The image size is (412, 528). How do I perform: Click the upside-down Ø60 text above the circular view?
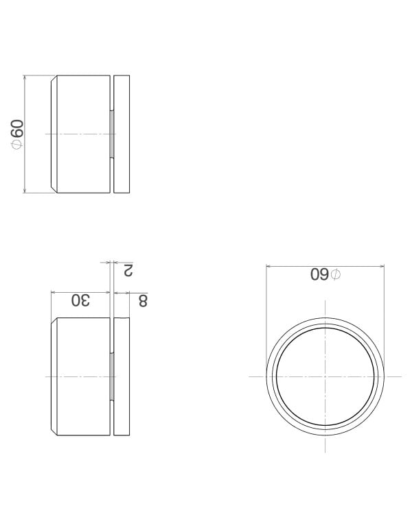coord(324,275)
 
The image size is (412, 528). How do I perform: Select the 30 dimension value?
coord(81,300)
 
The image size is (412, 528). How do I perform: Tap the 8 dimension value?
coord(142,300)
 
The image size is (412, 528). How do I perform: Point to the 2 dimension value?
coord(128,269)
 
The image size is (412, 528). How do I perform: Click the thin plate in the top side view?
coord(122,134)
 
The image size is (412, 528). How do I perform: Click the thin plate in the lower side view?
coord(122,376)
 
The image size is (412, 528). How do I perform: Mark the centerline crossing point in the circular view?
coord(325,376)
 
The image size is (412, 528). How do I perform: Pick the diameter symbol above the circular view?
coord(335,275)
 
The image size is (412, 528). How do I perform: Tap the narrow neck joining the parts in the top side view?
coord(111,134)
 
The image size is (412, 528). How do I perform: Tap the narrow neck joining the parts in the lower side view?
coord(111,376)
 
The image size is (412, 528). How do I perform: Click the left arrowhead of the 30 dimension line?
coord(54,293)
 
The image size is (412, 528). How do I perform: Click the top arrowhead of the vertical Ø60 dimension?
coord(25,77)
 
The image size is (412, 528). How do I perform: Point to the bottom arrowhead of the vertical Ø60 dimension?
coord(25,191)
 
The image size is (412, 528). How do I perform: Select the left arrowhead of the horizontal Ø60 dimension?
coord(268,266)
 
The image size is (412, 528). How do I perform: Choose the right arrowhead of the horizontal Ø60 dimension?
coord(382,266)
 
